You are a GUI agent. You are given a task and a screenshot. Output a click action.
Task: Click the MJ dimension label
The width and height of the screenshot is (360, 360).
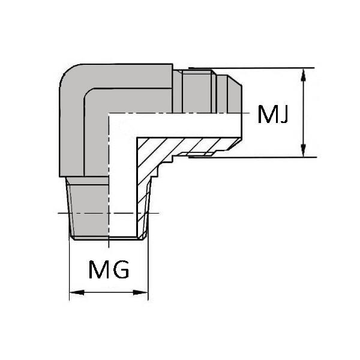[273, 115]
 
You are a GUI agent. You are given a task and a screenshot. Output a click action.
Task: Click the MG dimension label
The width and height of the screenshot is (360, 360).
[109, 269]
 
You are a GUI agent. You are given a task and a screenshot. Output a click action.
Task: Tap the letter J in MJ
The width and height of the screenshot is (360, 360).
[284, 115]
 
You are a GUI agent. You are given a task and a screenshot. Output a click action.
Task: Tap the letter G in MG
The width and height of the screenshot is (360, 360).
[121, 269]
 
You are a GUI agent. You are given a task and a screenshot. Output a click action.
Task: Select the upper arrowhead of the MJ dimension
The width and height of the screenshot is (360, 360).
[303, 75]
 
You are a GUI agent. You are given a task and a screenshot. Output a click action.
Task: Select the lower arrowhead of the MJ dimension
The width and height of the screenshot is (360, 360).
[303, 151]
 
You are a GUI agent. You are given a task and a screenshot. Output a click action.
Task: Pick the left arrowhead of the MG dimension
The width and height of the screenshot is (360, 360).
[77, 293]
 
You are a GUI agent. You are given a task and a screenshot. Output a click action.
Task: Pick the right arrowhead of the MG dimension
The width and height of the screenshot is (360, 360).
[141, 293]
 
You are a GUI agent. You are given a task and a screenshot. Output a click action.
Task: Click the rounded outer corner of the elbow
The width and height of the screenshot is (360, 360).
[68, 73]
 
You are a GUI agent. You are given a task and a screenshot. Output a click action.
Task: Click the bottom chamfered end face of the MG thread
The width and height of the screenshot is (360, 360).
[108, 238]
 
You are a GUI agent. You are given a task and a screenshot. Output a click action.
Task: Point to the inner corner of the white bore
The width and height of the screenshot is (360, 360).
[137, 138]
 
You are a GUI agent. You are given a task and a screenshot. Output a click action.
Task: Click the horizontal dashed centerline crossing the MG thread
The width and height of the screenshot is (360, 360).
[109, 213]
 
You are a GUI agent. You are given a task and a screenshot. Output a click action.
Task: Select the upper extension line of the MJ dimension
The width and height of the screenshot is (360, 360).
[251, 68]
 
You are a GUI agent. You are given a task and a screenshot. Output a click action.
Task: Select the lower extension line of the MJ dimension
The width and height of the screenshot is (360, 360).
[253, 157]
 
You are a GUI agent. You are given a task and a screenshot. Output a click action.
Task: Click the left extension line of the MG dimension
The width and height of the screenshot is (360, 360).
[70, 269]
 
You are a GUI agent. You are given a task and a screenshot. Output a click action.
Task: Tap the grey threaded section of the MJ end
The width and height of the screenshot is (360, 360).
[199, 92]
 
